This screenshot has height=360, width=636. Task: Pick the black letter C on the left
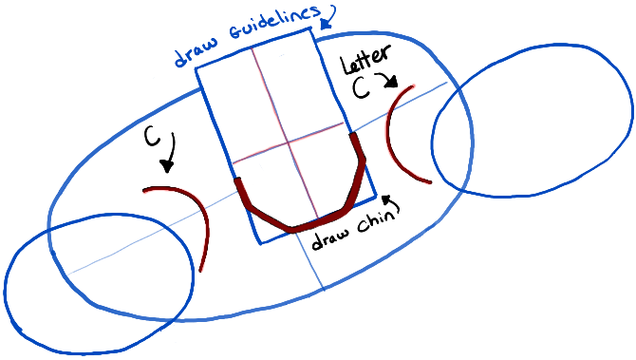[x=152, y=137]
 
